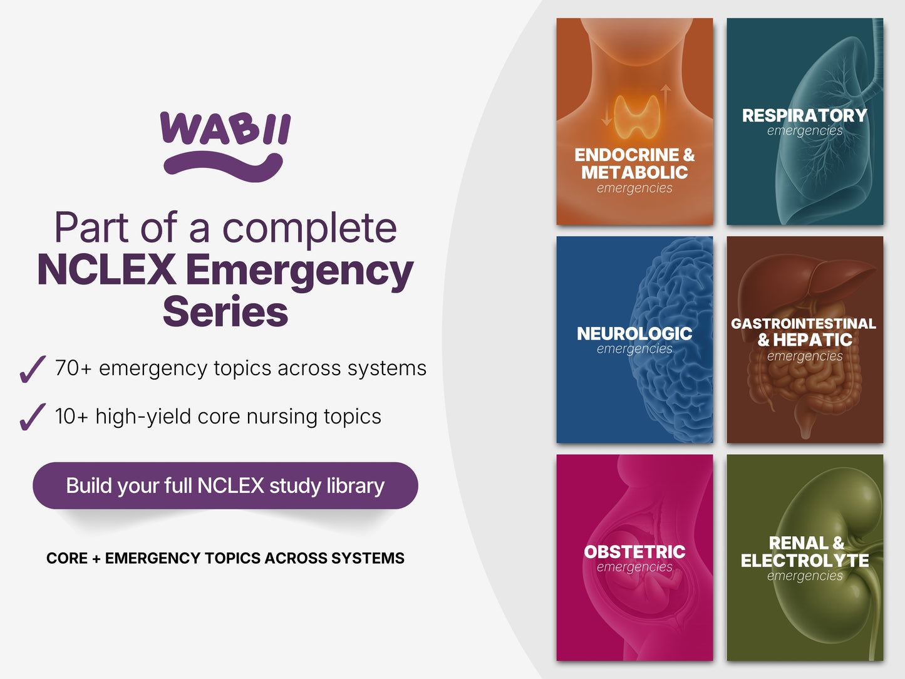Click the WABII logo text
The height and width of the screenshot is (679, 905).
pos(225,128)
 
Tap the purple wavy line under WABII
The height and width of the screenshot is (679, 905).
pos(223,167)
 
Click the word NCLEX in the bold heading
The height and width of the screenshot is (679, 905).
pos(107,269)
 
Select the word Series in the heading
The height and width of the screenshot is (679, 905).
pos(225,311)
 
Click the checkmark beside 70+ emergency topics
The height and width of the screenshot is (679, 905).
pos(32,370)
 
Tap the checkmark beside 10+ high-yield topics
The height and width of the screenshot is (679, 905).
pos(32,417)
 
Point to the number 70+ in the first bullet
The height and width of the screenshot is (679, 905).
pos(73,368)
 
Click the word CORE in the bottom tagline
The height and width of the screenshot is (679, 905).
pos(67,558)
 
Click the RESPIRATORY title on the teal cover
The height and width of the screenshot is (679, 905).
pos(804,115)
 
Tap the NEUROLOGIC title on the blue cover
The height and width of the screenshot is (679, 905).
pos(634,333)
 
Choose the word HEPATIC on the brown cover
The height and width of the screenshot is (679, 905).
pos(813,339)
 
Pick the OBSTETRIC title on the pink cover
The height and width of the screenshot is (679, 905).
pos(634,552)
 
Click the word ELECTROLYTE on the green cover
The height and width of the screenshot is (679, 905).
pos(805,560)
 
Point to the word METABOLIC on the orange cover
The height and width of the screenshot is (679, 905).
pos(634,172)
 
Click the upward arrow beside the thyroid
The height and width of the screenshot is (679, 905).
pos(666,99)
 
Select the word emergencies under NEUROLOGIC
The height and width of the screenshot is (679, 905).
pos(634,349)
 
